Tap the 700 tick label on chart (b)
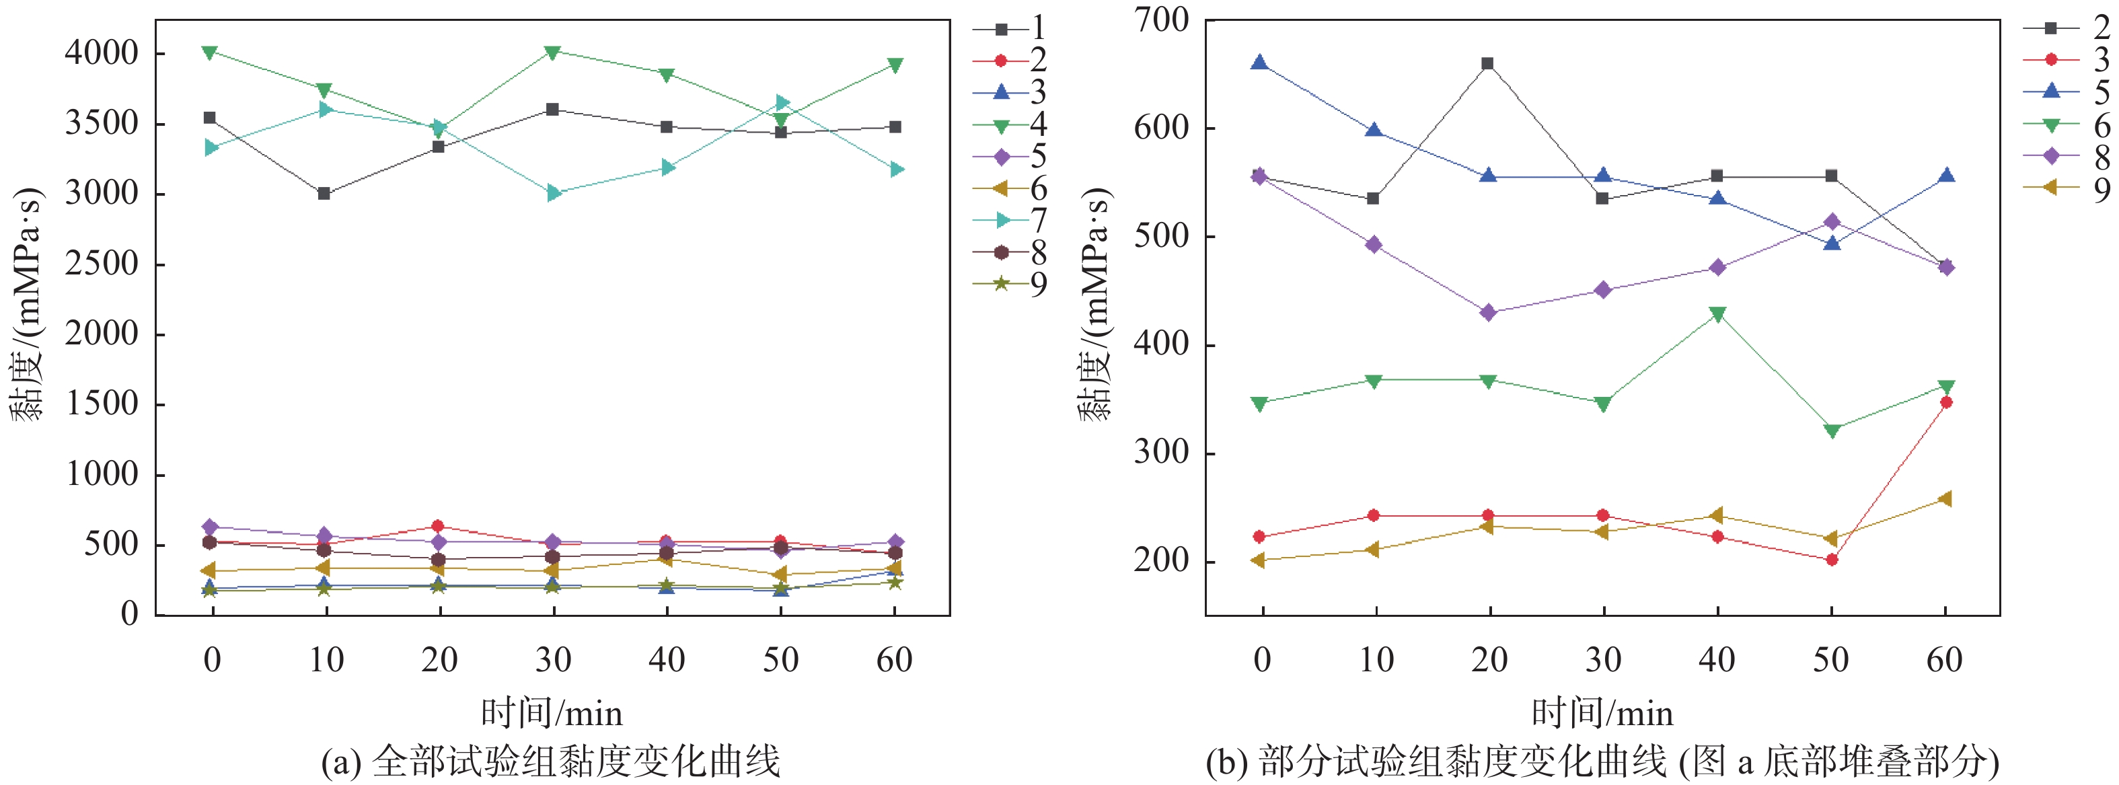[x=1160, y=20]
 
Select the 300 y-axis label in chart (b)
[x=1160, y=453]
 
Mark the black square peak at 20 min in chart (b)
[x=1487, y=63]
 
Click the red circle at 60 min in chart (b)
[x=1945, y=402]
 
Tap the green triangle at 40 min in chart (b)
[x=1717, y=314]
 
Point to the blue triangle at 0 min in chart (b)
[x=1259, y=63]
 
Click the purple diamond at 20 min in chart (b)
[x=1487, y=313]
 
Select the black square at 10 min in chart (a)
[x=324, y=193]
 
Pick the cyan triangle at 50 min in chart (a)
[x=782, y=103]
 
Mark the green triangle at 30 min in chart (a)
[x=553, y=52]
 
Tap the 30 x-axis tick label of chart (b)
[x=1602, y=660]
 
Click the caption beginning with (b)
[x=1602, y=762]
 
